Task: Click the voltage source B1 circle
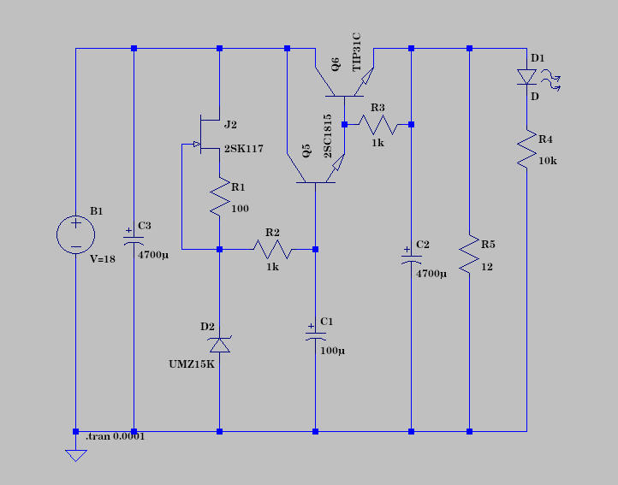click(75, 234)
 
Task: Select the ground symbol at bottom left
click(76, 454)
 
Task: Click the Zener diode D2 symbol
click(220, 344)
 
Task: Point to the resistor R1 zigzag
click(220, 198)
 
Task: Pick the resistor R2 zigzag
click(272, 249)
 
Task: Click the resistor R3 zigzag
click(377, 125)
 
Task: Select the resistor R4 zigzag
click(526, 151)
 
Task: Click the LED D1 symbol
click(527, 78)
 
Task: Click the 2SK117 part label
click(243, 149)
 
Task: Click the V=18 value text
click(102, 259)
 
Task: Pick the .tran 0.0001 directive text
click(116, 436)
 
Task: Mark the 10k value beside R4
click(549, 162)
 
